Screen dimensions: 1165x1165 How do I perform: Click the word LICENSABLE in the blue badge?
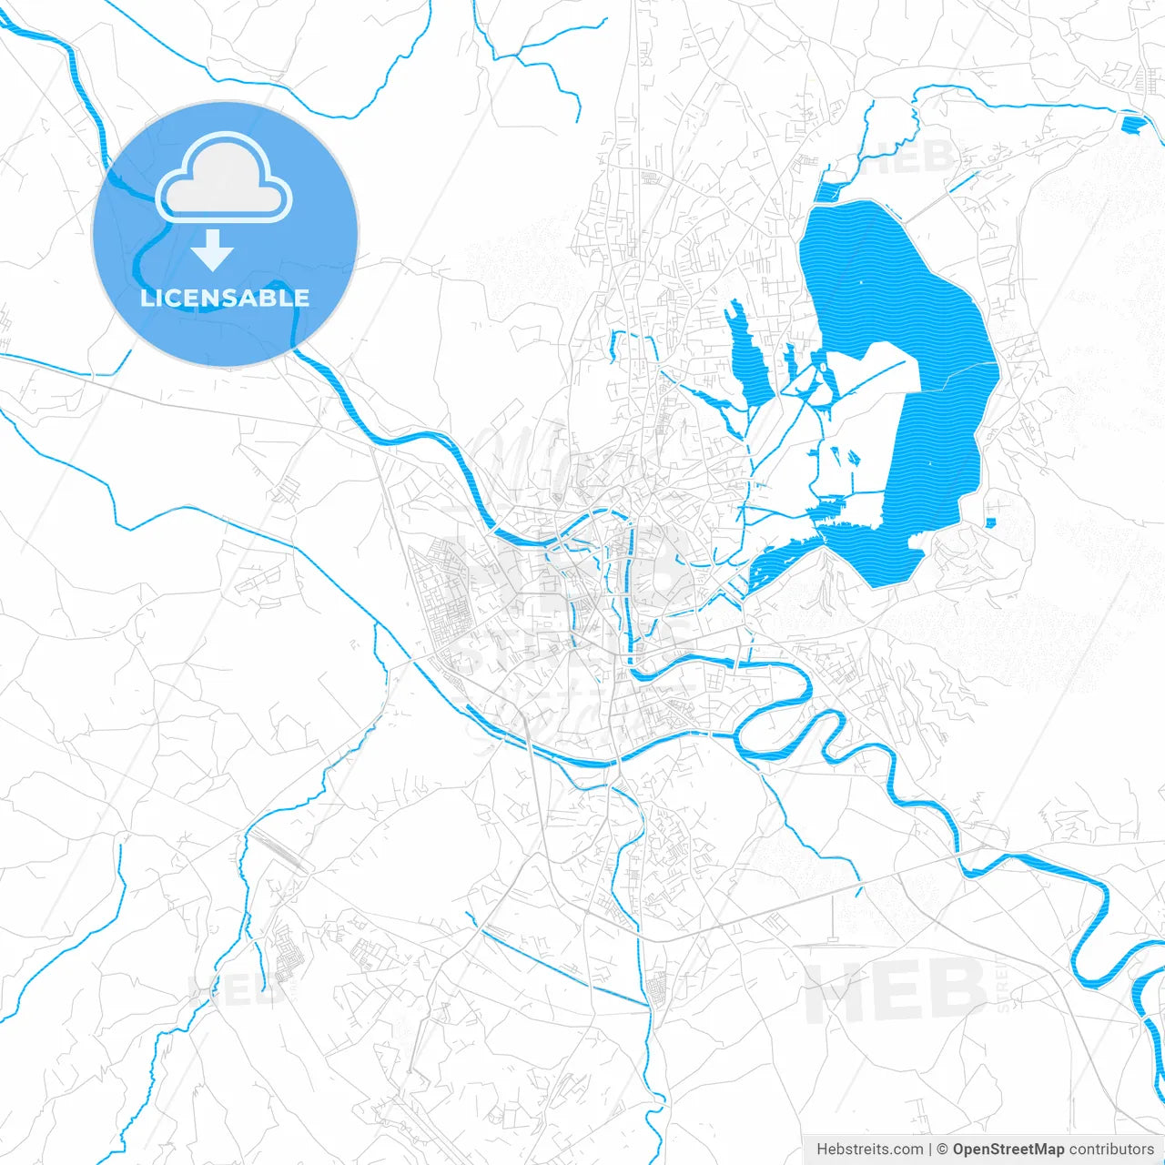225,298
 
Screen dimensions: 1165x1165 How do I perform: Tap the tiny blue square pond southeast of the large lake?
990,522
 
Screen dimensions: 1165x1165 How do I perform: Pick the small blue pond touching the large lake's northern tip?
829,190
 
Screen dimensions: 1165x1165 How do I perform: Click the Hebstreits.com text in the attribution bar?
869,1150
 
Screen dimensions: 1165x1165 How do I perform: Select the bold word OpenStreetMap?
1008,1150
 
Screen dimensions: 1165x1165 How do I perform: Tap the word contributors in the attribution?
1110,1150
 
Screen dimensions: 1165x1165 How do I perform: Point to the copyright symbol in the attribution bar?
943,1150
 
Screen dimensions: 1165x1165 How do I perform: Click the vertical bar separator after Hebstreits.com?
930,1150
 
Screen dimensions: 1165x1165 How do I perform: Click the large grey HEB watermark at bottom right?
897,990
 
